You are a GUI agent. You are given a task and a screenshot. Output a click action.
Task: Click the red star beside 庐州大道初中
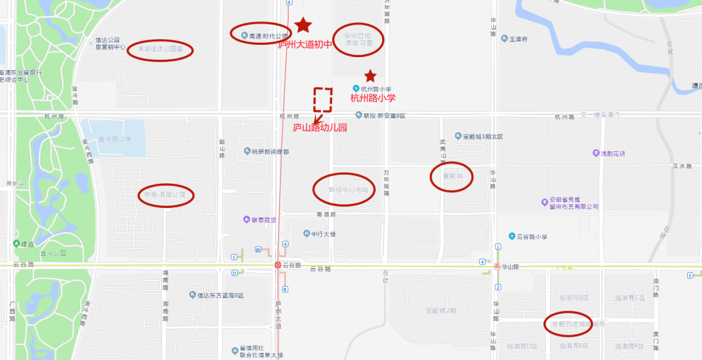coord(303,25)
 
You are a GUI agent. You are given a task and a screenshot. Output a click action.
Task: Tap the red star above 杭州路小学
coord(370,76)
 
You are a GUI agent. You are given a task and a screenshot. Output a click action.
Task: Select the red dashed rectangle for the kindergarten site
coord(323,99)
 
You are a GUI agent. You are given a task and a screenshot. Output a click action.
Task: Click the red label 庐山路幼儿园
coord(320,128)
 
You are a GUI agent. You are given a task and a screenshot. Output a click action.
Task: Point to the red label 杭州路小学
coord(372,98)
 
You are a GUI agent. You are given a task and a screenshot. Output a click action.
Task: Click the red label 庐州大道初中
coord(305,45)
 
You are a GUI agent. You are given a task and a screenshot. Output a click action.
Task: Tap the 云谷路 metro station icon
coord(278,265)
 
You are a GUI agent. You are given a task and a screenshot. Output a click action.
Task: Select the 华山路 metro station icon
coord(497,266)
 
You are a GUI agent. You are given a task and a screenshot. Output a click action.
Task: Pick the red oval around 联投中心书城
coord(344,190)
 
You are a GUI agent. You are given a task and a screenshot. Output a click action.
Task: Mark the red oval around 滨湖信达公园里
coord(159,49)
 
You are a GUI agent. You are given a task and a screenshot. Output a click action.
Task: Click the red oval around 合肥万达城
coord(566,322)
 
